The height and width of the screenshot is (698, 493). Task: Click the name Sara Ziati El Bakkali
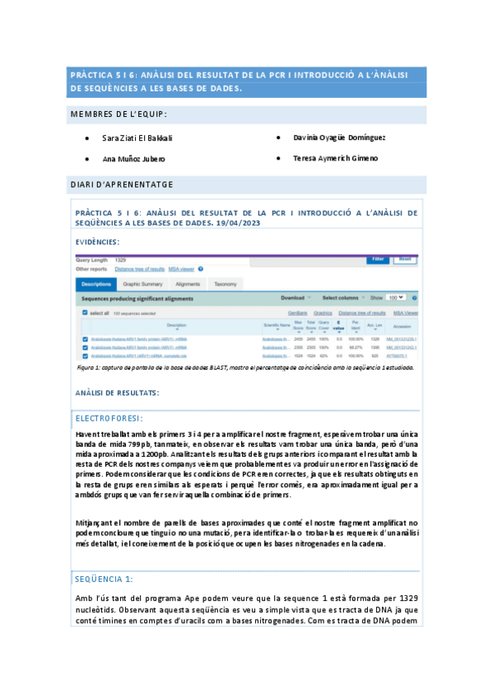click(x=137, y=137)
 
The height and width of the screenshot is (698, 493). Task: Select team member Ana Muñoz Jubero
click(x=133, y=158)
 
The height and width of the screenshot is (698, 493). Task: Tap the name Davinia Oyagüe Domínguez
click(x=339, y=137)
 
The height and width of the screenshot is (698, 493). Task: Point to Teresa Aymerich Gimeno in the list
click(x=336, y=158)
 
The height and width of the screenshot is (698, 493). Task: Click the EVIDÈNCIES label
click(x=97, y=242)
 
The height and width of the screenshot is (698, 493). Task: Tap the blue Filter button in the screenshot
click(x=377, y=259)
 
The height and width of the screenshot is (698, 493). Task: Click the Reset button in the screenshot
click(x=404, y=259)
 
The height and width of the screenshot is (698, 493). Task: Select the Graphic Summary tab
click(x=143, y=284)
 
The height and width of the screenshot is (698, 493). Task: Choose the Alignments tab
click(x=188, y=284)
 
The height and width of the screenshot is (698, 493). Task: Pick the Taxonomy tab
click(x=226, y=284)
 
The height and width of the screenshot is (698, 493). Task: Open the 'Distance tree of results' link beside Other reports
click(x=140, y=269)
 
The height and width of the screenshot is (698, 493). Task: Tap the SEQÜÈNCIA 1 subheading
click(x=104, y=579)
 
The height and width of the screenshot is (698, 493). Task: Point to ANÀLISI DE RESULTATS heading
click(x=117, y=393)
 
